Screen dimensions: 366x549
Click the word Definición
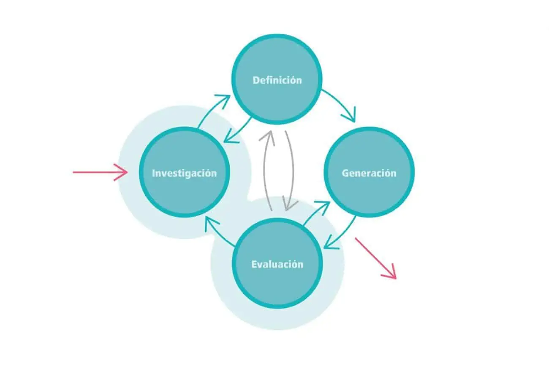pos(277,80)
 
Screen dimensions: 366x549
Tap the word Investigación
pos(184,173)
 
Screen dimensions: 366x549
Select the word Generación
pos(369,173)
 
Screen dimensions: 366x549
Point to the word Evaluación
pos(277,265)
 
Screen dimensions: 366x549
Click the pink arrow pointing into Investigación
pos(100,172)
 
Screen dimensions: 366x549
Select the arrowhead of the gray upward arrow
pos(267,137)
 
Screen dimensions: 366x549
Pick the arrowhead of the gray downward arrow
pos(290,205)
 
